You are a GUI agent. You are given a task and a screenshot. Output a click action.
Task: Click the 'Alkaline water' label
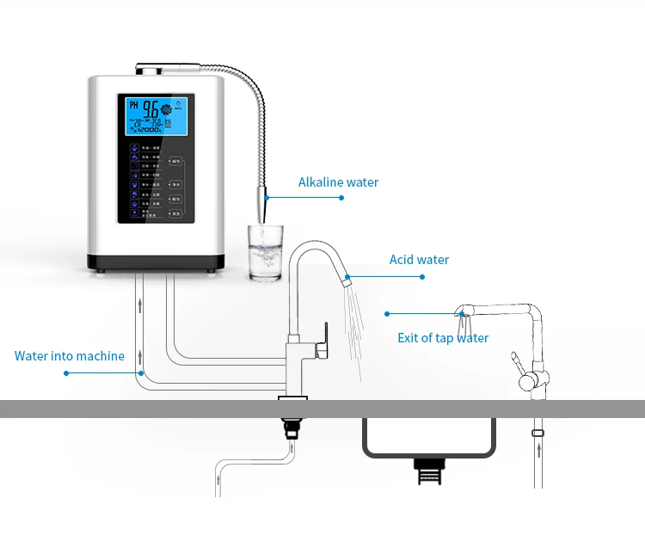338,182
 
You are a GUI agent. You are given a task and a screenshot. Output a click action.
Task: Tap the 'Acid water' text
419,260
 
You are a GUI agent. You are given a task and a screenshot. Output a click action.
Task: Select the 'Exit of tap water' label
442,338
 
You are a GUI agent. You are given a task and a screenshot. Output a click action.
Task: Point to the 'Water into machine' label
70,356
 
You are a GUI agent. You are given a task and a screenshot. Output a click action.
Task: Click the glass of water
264,254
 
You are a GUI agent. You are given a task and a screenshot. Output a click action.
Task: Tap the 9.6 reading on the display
151,109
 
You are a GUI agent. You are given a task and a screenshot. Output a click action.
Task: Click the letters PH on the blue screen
133,105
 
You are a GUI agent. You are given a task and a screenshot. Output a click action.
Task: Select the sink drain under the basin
427,470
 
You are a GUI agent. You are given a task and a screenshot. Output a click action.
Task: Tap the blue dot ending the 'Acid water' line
422,277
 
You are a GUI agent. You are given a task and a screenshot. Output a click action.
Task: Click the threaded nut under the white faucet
293,426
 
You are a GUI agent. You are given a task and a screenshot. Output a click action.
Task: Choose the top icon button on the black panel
135,148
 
